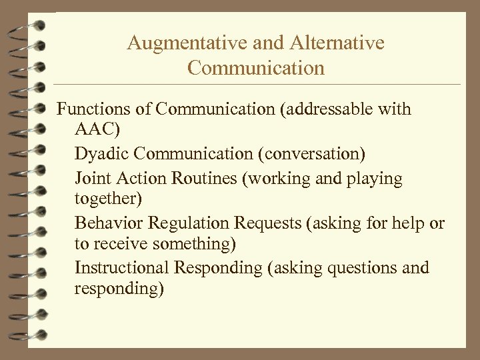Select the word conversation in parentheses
coord(313,155)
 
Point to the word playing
coord(377,179)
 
